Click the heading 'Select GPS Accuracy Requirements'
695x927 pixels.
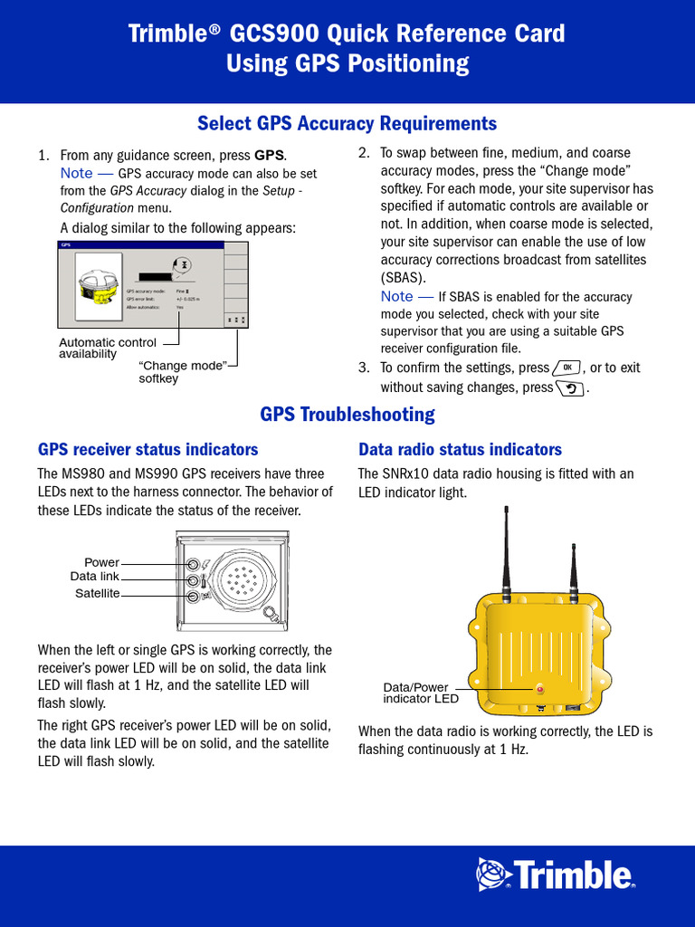(347, 123)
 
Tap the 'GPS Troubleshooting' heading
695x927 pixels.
(347, 415)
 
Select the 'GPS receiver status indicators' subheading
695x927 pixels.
(148, 450)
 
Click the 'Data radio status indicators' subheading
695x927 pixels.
(460, 450)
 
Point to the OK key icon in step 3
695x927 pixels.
(566, 368)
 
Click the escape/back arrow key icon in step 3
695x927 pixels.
(570, 388)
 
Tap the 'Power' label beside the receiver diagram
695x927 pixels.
(101, 563)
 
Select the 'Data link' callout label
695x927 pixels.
(94, 577)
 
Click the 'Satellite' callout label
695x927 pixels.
(97, 593)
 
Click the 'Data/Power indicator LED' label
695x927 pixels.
(421, 693)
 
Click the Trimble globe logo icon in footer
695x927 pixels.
(494, 874)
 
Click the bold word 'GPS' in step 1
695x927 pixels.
(270, 155)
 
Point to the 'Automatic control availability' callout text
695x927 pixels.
(107, 349)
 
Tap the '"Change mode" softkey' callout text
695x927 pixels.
(181, 371)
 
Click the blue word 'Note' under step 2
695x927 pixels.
(396, 297)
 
